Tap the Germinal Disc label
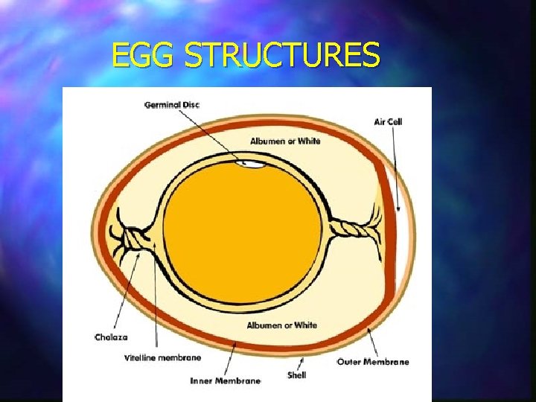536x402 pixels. click(172, 104)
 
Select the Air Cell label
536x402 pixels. click(388, 121)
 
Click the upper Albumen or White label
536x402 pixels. click(285, 141)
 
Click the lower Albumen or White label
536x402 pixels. click(282, 325)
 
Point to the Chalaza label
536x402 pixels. click(111, 337)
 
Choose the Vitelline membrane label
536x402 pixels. click(162, 357)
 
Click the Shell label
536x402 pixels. click(296, 375)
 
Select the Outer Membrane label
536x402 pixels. click(373, 362)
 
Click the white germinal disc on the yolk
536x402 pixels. click(252, 163)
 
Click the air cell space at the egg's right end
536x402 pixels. click(395, 223)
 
